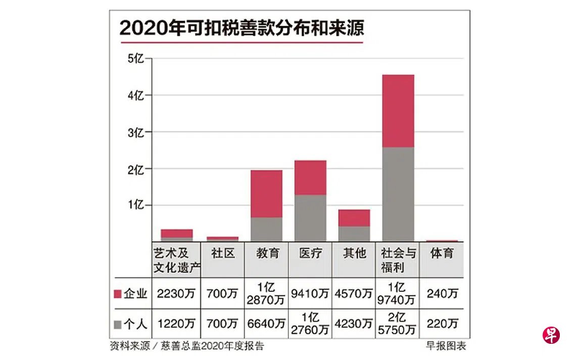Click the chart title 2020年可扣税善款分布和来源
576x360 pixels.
point(242,28)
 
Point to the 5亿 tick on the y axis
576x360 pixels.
point(136,59)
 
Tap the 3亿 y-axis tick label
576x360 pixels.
point(136,132)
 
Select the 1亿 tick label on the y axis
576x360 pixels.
point(136,205)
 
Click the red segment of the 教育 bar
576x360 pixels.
point(266,194)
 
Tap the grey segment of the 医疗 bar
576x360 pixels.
point(310,218)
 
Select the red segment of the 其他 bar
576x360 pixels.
point(354,218)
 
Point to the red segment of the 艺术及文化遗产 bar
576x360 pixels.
point(177,233)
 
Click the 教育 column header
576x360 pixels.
point(266,253)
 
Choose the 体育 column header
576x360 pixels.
point(442,253)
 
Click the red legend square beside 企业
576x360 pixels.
point(118,294)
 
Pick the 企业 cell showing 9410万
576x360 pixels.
point(310,294)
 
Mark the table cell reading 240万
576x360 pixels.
point(442,294)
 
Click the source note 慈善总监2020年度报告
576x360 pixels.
point(212,346)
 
